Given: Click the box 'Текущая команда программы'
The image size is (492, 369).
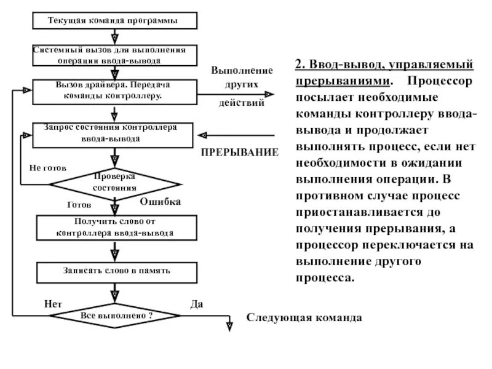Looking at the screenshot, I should [x=114, y=21].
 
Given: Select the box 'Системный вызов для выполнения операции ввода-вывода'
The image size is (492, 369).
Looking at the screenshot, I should [x=114, y=55].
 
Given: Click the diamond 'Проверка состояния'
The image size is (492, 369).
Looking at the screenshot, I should [x=115, y=183].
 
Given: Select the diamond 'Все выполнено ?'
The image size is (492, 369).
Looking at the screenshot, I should [x=115, y=315].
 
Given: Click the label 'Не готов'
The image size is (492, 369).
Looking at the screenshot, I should [x=47, y=167].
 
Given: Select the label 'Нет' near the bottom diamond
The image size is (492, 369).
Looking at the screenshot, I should [x=54, y=304].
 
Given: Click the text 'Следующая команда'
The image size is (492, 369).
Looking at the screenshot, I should [x=305, y=318].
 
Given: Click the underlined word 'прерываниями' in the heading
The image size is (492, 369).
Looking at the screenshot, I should [x=342, y=81].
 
